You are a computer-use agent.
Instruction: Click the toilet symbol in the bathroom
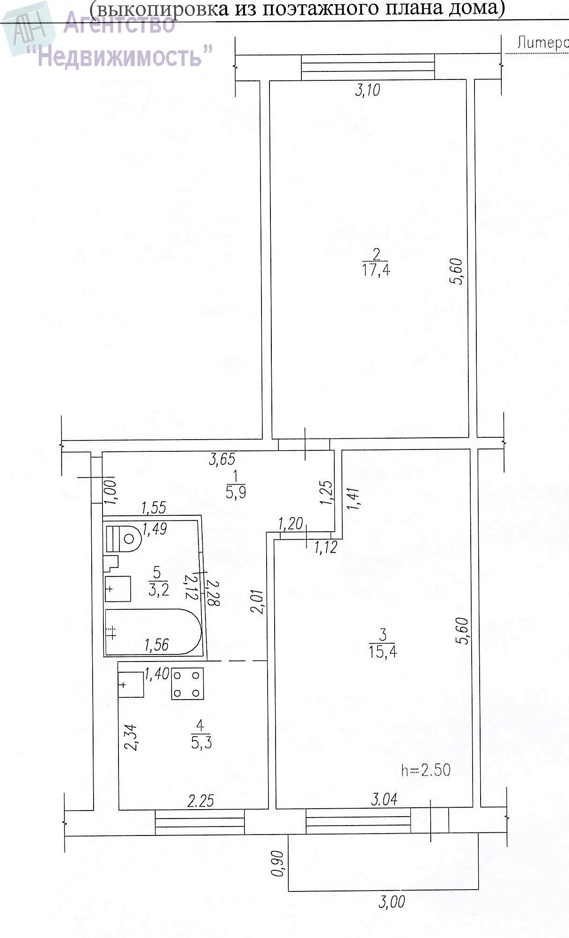[x=124, y=538]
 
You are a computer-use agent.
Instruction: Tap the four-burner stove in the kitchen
[x=188, y=684]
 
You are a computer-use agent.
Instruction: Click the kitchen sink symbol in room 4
[x=131, y=685]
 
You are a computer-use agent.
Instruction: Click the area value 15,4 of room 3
[x=383, y=652]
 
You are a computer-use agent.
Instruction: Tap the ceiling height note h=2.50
[x=426, y=770]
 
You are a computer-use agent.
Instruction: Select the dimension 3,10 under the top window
[x=367, y=90]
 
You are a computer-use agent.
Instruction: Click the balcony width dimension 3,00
[x=391, y=902]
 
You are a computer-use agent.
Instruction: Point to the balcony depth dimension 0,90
[x=277, y=863]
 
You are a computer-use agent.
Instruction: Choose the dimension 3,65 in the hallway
[x=222, y=458]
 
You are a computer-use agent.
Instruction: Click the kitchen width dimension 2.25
[x=201, y=800]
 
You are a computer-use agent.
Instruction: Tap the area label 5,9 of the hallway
[x=236, y=492]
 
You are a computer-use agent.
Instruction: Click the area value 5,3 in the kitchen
[x=201, y=742]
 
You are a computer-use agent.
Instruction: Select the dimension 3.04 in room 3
[x=384, y=799]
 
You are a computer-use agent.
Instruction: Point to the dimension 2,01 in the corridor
[x=258, y=602]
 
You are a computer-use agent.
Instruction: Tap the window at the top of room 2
[x=368, y=67]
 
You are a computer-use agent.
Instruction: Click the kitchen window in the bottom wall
[x=200, y=822]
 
